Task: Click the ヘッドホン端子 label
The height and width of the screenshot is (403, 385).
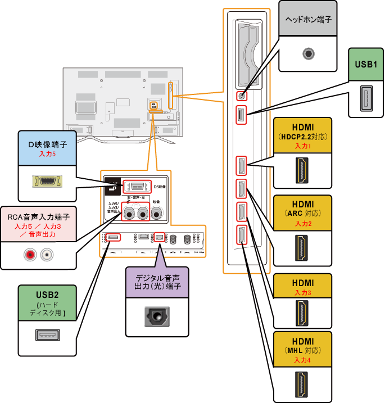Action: [307, 19]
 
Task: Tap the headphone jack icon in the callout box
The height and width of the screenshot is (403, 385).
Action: [307, 54]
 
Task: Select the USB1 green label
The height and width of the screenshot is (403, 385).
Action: [365, 64]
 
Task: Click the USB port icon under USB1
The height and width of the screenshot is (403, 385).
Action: [365, 98]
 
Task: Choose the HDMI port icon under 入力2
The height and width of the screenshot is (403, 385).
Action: [302, 247]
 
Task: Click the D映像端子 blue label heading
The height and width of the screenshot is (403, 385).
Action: [48, 143]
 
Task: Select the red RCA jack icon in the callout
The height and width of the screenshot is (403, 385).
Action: [29, 255]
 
